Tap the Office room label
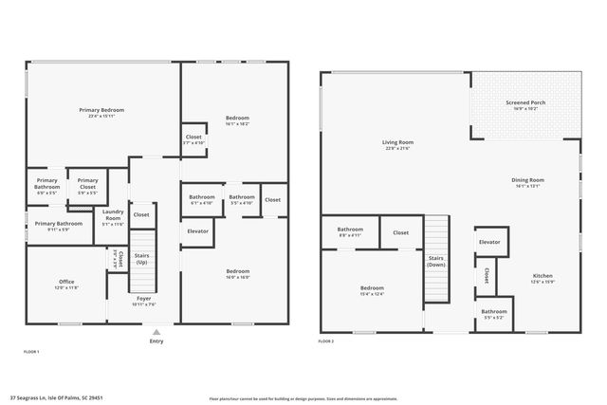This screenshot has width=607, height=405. tap(65, 283)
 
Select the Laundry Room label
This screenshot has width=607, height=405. tap(113, 214)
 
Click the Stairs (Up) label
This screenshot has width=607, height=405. tap(143, 258)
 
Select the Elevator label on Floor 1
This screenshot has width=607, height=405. tap(197, 230)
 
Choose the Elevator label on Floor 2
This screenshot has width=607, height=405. tap(489, 242)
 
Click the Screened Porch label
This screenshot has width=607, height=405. tap(524, 104)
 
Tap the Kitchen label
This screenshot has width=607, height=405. tap(542, 278)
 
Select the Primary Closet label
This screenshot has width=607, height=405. tap(88, 183)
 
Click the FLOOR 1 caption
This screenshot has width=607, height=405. tap(31, 352)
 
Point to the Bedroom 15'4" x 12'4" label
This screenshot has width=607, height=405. tap(371, 290)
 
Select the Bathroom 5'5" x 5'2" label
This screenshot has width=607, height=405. tap(493, 313)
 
